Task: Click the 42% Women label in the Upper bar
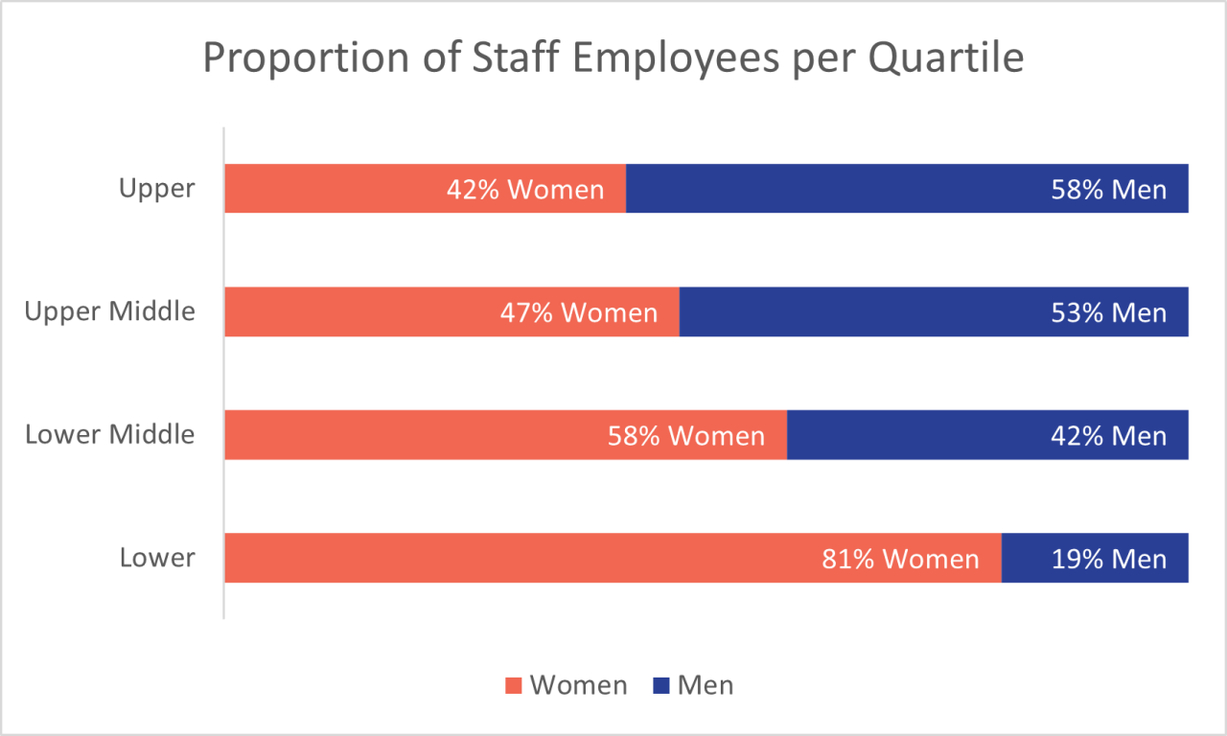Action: (x=525, y=189)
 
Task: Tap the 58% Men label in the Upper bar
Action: (x=1109, y=189)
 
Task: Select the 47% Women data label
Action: (x=579, y=312)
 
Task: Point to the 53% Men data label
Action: (x=1109, y=312)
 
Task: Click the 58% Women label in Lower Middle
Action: (x=686, y=436)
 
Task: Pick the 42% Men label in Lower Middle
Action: (x=1109, y=436)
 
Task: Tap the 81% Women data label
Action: (x=900, y=559)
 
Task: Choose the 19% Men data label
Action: (x=1109, y=559)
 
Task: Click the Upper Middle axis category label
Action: (x=110, y=311)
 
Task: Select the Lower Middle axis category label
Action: (x=110, y=434)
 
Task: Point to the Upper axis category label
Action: (x=157, y=189)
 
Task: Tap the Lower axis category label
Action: (x=157, y=558)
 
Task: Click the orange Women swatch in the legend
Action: (x=514, y=686)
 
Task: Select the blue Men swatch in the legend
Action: (x=661, y=686)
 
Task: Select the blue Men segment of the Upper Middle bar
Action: (x=863, y=312)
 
